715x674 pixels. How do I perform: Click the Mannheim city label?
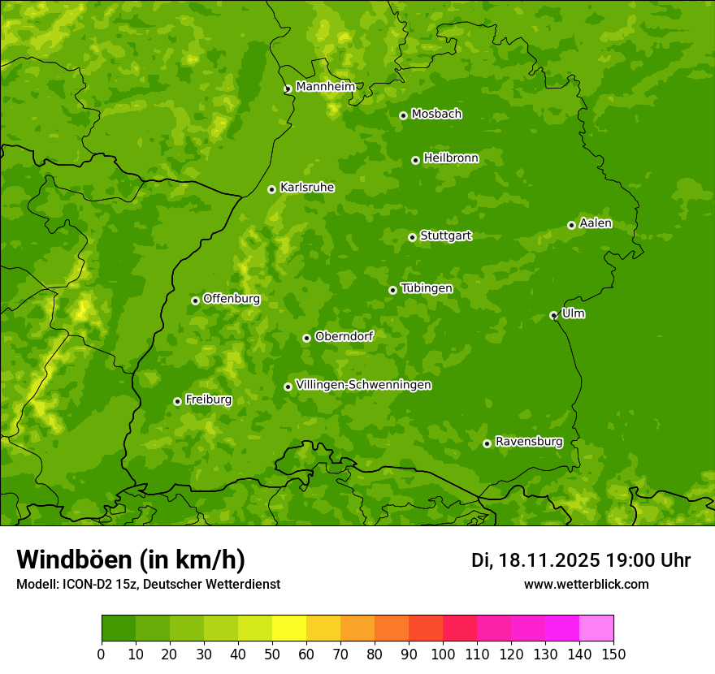click(x=325, y=87)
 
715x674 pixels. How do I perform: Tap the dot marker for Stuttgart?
click(x=412, y=237)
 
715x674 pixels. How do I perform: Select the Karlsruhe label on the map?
click(x=306, y=188)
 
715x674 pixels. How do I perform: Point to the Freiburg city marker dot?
click(x=177, y=401)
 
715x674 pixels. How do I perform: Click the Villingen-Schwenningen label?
click(x=363, y=385)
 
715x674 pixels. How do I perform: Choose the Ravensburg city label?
click(x=528, y=442)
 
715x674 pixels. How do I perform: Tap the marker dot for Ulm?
click(x=553, y=315)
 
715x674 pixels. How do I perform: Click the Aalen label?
click(x=595, y=223)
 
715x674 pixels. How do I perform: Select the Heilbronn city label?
click(x=451, y=158)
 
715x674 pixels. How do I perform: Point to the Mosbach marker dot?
click(x=403, y=115)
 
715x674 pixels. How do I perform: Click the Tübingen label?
click(x=427, y=288)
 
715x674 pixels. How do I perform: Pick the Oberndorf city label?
click(x=344, y=336)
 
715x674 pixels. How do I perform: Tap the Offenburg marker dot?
click(x=195, y=300)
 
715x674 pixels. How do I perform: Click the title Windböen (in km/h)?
click(x=131, y=560)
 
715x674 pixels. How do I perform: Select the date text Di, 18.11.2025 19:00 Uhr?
click(x=580, y=560)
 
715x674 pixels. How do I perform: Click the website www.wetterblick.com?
click(x=586, y=584)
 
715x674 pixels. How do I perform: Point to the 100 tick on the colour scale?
click(x=443, y=655)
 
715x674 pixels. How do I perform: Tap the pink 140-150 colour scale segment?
click(x=596, y=629)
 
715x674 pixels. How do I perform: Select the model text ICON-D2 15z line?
click(x=148, y=584)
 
